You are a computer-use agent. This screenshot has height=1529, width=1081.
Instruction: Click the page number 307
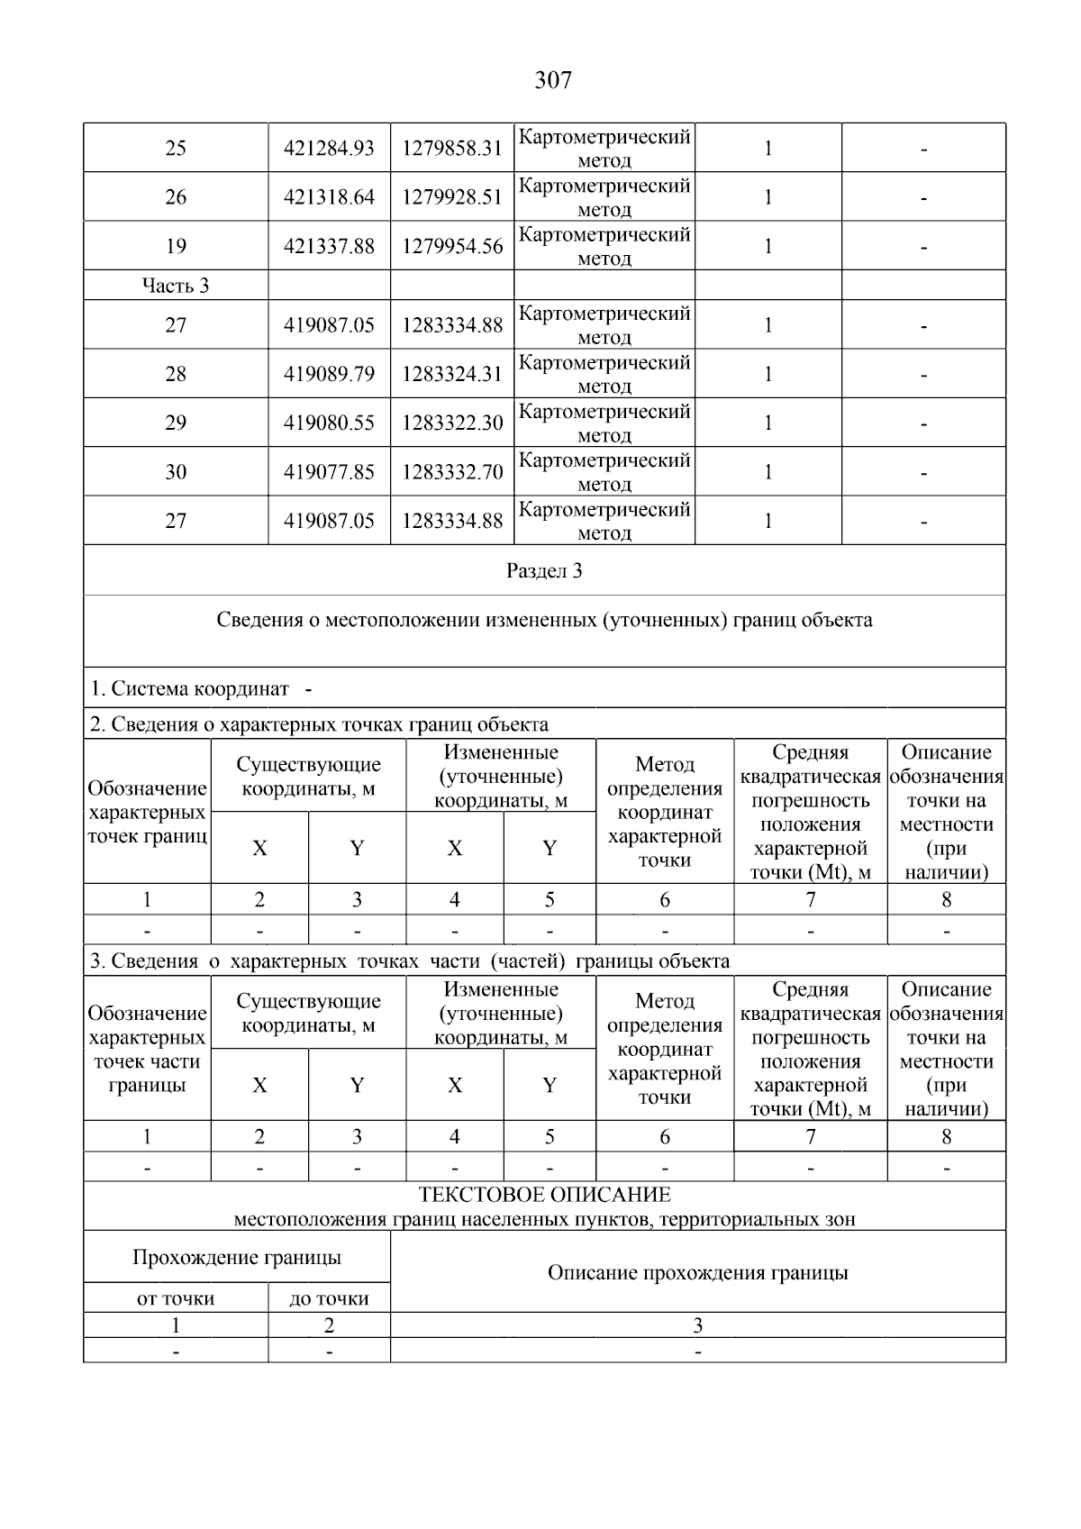click(x=552, y=81)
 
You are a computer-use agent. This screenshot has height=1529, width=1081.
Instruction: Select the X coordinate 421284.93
click(x=329, y=149)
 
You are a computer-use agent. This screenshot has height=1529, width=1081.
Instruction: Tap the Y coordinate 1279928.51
click(x=451, y=197)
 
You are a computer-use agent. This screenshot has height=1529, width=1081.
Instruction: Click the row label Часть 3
click(x=176, y=286)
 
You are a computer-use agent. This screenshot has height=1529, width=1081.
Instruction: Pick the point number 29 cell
click(x=176, y=423)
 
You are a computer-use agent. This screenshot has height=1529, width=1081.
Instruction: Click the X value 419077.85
click(x=329, y=471)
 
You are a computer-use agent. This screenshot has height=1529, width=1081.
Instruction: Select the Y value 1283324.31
click(x=451, y=374)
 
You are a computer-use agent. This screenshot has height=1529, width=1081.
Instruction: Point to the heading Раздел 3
click(x=544, y=570)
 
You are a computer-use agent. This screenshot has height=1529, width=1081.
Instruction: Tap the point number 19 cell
click(x=176, y=246)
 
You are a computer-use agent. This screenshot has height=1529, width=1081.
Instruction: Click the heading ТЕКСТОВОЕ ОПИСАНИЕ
click(x=544, y=1196)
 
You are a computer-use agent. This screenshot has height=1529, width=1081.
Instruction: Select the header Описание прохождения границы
click(x=697, y=1273)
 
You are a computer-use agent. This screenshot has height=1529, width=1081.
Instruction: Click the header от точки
click(x=176, y=1298)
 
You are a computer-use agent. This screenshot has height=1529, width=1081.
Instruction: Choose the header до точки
click(x=329, y=1298)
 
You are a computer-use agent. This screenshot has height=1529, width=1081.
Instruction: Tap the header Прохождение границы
click(x=237, y=1258)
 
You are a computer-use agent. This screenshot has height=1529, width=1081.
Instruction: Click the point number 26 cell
click(x=176, y=197)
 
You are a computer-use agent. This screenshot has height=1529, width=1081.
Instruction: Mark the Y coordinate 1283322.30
click(x=451, y=423)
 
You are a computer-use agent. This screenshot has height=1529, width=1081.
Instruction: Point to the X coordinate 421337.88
click(x=329, y=246)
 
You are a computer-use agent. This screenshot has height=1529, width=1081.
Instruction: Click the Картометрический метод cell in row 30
click(x=604, y=471)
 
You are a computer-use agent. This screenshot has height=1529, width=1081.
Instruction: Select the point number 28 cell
click(x=176, y=374)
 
